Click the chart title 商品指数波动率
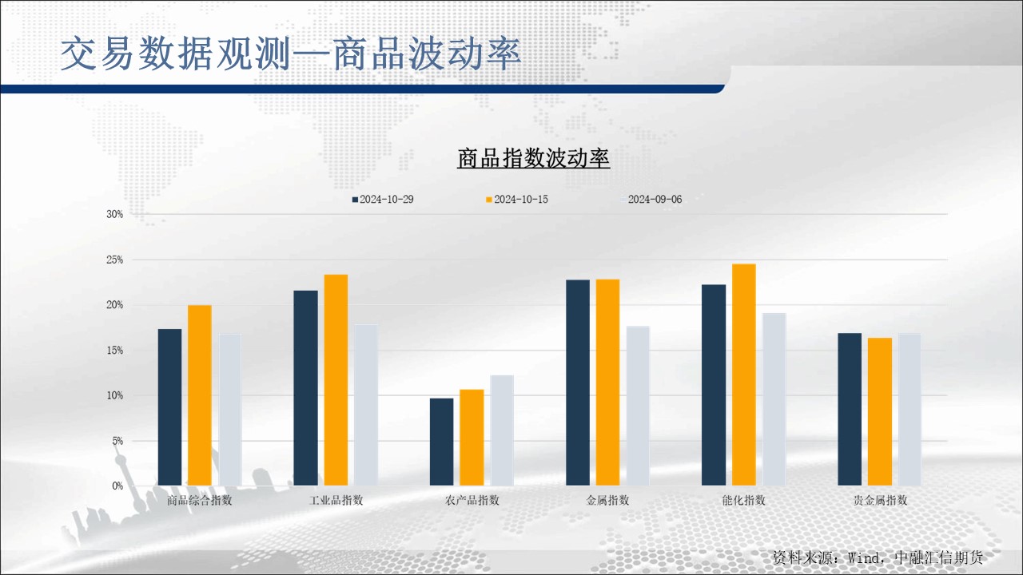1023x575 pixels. coord(533,158)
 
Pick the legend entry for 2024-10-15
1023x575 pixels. coord(516,199)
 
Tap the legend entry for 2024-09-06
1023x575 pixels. coord(651,199)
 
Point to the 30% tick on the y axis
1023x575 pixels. coord(115,214)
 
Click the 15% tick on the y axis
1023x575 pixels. coord(115,350)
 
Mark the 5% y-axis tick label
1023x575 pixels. coord(117,441)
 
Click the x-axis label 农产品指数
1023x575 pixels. coord(472,501)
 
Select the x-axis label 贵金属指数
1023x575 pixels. coord(880,501)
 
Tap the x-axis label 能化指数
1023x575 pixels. coord(743,501)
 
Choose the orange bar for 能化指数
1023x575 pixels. coord(743,375)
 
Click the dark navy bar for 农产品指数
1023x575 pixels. coord(441,442)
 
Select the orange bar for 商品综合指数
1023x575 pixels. coord(200,395)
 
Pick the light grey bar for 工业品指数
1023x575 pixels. coord(366,405)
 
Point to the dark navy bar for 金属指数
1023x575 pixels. coord(578,383)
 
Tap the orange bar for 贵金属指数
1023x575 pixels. coord(880,411)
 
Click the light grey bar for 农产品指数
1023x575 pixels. coord(502,430)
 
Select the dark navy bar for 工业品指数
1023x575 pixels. coord(305,387)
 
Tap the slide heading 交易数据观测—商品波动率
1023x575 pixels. coord(291,54)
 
